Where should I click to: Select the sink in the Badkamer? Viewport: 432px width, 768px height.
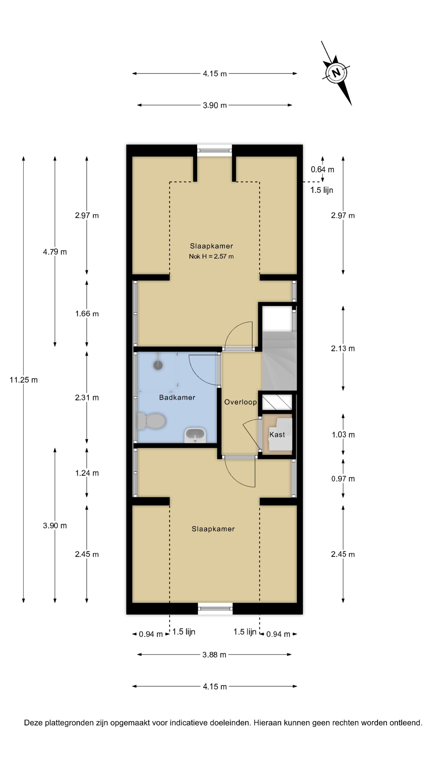[x=195, y=435]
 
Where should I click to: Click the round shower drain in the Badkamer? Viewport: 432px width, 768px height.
[x=158, y=365]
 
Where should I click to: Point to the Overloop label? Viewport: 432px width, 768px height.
[x=240, y=402]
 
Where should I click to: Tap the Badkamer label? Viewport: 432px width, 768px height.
[x=177, y=397]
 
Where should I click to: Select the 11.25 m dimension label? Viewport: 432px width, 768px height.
[x=24, y=380]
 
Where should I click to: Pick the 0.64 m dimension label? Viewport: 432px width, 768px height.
[x=322, y=169]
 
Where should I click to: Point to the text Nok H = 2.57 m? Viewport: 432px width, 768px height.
[x=211, y=256]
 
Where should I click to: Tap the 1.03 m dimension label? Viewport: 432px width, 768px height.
[x=343, y=435]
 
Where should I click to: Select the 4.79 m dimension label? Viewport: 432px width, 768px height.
[x=55, y=252]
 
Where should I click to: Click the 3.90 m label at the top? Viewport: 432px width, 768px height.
[x=214, y=105]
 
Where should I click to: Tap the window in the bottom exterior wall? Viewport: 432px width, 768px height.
[x=215, y=608]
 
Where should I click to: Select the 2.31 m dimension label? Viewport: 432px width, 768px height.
[x=87, y=397]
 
